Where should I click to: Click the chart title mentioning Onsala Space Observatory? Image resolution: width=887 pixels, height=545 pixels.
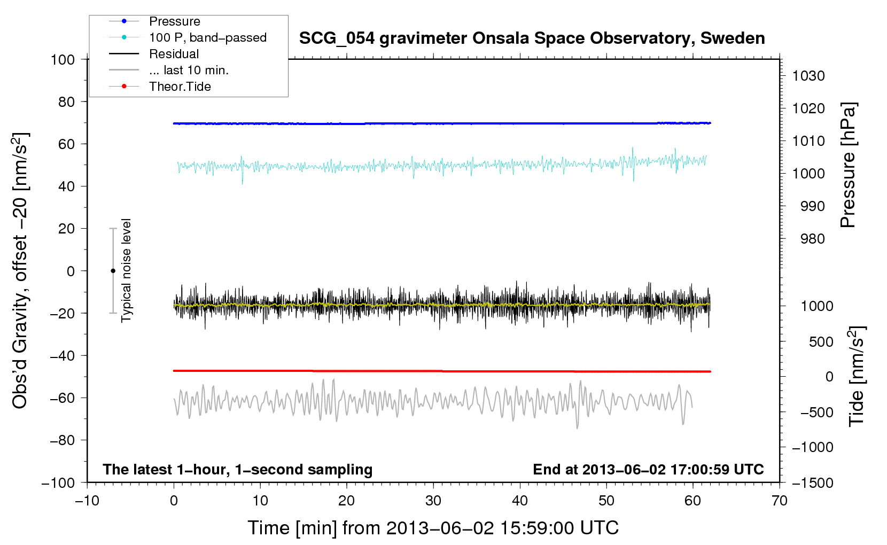532,38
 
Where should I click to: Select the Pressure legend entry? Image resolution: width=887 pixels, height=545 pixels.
174,21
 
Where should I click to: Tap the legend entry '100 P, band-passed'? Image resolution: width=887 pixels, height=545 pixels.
207,37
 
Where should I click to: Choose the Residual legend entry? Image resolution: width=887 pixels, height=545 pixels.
174,54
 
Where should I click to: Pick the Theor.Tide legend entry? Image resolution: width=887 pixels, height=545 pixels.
180,87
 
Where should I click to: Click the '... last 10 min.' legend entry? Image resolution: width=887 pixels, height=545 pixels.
189,70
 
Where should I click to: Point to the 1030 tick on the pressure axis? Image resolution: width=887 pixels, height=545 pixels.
808,76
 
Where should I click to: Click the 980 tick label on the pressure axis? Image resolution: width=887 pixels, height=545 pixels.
812,239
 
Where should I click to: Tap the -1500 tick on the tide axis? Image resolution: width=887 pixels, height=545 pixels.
812,483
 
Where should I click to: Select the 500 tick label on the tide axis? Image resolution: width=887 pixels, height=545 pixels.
821,341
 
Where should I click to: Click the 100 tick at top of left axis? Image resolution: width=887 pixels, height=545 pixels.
63,59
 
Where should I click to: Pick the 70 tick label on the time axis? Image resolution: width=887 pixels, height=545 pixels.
780,501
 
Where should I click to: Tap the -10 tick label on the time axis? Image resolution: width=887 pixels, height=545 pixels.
87,501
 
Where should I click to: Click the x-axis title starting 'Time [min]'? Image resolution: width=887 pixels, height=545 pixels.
433,528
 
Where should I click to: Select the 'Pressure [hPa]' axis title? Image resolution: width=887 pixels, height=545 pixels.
848,165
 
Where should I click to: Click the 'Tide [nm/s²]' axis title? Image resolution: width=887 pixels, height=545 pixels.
857,377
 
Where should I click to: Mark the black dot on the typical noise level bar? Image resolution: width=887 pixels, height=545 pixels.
113,271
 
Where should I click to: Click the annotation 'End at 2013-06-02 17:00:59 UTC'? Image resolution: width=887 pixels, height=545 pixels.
648,469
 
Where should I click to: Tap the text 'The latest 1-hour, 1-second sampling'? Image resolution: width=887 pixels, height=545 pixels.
237,469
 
